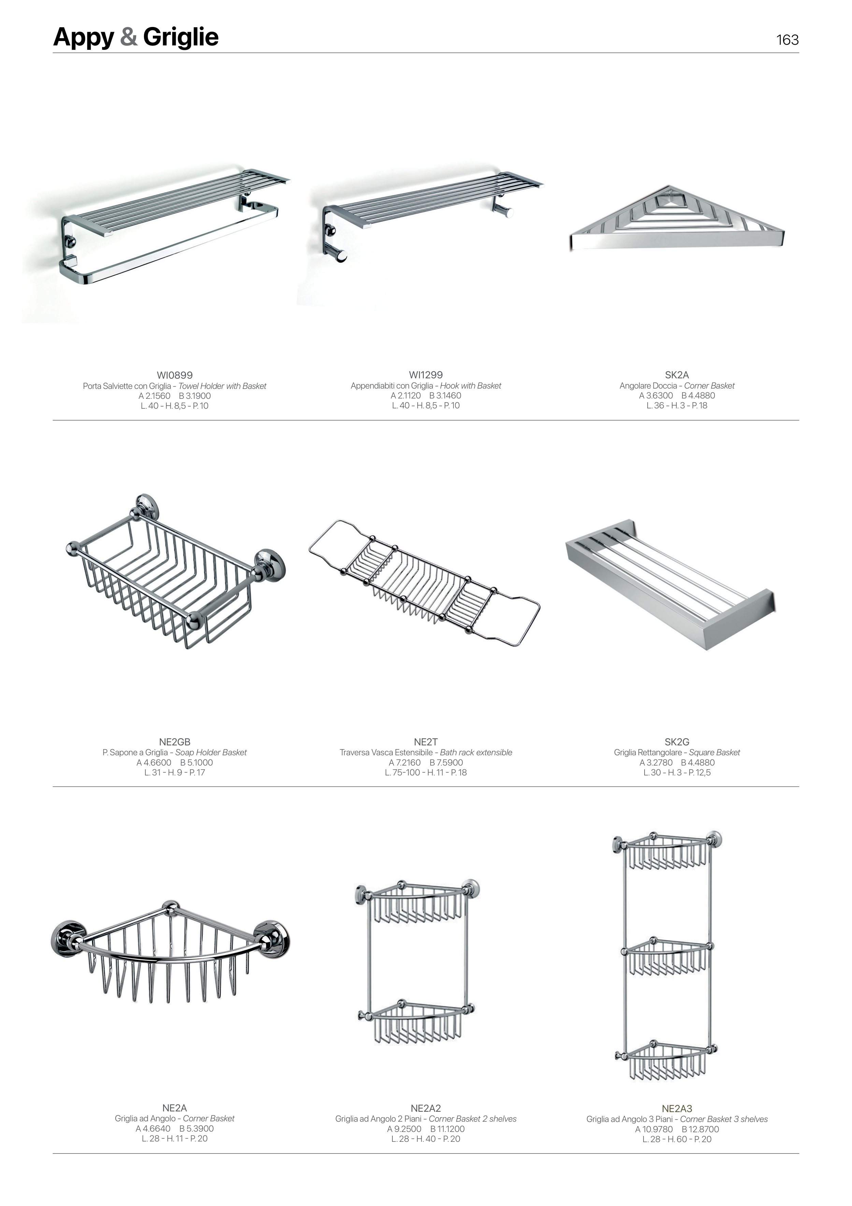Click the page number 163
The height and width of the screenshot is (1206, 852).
click(788, 40)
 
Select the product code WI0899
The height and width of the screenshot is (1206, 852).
click(175, 375)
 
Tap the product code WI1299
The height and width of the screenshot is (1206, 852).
click(426, 375)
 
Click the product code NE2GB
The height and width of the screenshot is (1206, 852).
click(175, 742)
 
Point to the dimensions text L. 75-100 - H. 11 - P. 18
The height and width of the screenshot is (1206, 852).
click(426, 772)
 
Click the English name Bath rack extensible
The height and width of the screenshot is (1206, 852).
click(476, 752)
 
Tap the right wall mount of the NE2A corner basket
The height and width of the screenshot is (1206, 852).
click(271, 938)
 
